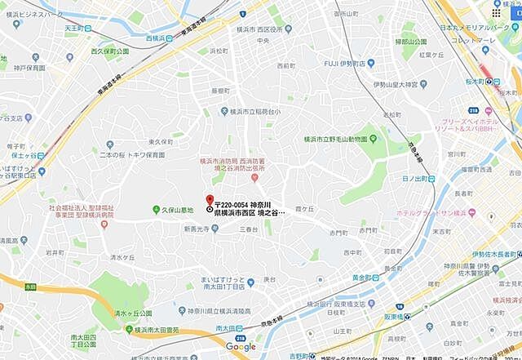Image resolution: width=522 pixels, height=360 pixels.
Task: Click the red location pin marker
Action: click(209, 200)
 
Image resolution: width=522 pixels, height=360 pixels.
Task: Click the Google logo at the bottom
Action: click(241, 347)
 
